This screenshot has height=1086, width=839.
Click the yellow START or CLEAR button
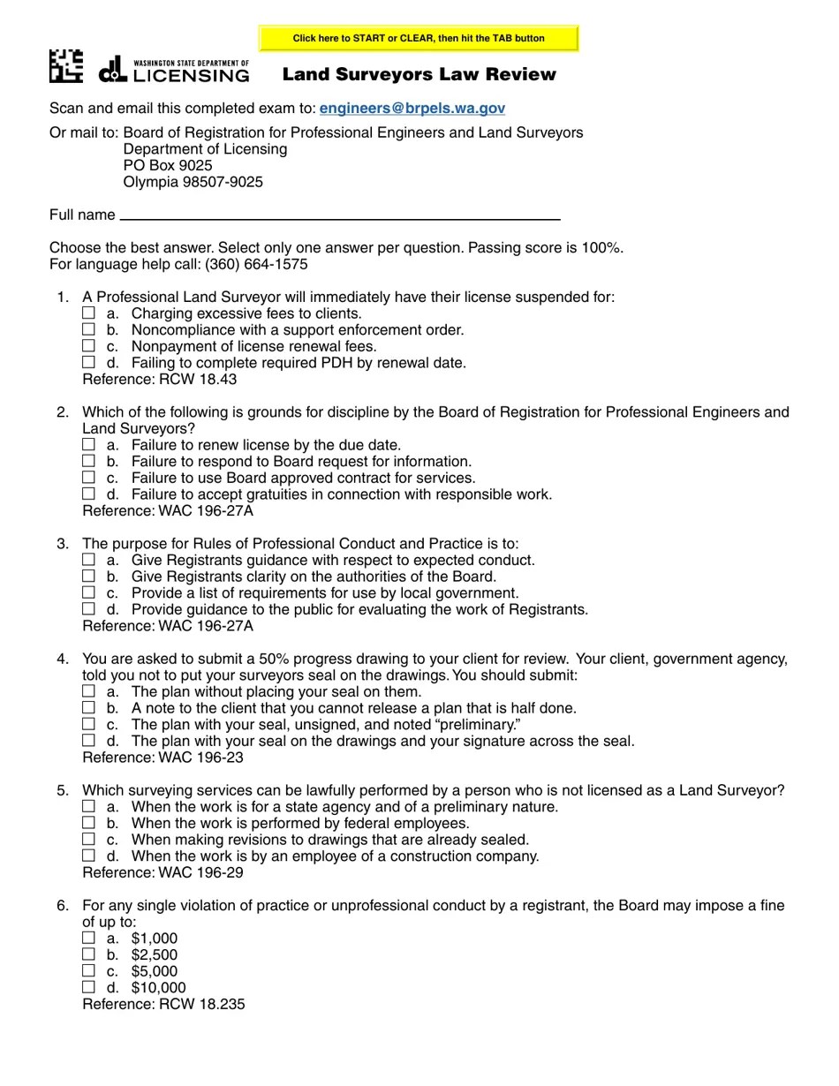pos(419,39)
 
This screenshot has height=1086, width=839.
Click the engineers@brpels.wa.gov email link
pos(412,109)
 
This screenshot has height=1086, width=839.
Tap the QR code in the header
pos(66,66)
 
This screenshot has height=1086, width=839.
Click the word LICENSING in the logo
pos(191,76)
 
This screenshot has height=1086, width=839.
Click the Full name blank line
pos(340,215)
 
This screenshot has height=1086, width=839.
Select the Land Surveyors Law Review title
pos(419,75)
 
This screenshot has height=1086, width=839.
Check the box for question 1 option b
pos(88,329)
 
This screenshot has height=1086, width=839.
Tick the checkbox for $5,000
pos(88,970)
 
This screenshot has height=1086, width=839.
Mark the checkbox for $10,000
pos(88,987)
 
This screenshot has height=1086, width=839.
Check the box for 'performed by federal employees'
pos(88,823)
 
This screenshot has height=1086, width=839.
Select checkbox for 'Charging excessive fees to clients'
pos(88,313)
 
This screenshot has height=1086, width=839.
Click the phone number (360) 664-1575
pos(256,264)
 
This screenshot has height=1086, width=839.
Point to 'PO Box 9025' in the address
pos(168,165)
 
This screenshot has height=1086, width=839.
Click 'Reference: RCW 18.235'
pos(163,1004)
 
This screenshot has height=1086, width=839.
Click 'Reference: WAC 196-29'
pos(163,872)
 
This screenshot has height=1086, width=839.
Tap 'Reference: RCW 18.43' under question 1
pos(159,380)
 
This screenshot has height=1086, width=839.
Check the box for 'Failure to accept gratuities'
pos(88,494)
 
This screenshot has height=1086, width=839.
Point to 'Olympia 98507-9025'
pos(193,182)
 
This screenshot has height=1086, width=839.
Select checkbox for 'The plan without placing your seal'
pos(88,691)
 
